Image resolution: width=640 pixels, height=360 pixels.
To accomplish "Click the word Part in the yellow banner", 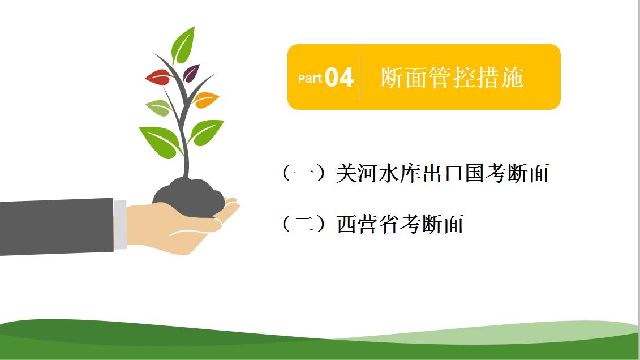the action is pyautogui.click(x=310, y=78).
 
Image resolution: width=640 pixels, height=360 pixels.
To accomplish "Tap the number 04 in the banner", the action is pyautogui.click(x=339, y=77).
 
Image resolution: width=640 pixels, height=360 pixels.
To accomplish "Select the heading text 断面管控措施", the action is pyautogui.click(x=452, y=78).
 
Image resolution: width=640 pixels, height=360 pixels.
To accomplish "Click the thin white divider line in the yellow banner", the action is pyautogui.click(x=362, y=77).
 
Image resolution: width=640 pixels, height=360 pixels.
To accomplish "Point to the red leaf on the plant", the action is pyautogui.click(x=159, y=78).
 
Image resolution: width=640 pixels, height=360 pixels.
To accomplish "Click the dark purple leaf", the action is pyautogui.click(x=191, y=72).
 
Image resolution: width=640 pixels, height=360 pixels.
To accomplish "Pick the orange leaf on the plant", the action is pyautogui.click(x=206, y=100).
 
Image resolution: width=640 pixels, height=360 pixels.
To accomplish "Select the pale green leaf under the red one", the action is pyautogui.click(x=159, y=108).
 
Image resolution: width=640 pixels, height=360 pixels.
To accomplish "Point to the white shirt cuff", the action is pyautogui.click(x=120, y=225).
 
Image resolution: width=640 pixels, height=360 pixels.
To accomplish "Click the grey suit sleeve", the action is pyautogui.click(x=57, y=227).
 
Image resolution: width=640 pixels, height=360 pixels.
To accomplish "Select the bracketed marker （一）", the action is pyautogui.click(x=304, y=173).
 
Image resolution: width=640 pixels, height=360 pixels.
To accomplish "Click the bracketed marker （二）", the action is pyautogui.click(x=304, y=224).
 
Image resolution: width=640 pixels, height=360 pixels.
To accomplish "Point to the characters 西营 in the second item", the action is pyautogui.click(x=358, y=224).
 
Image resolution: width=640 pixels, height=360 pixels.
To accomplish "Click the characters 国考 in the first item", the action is pyautogui.click(x=486, y=173).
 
